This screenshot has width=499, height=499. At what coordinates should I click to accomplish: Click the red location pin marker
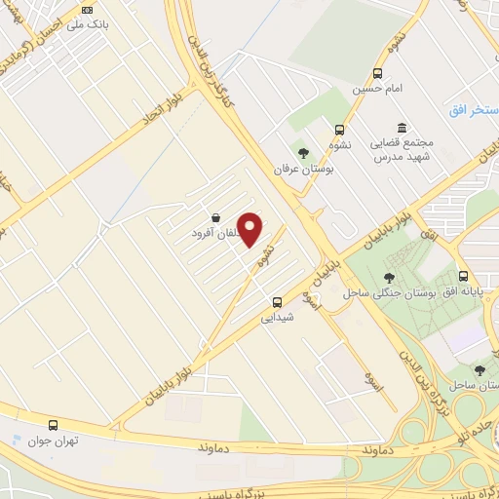pos(250,229)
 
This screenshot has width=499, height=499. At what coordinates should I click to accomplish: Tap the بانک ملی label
pos(85,23)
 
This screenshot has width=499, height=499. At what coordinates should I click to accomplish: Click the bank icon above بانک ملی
pos(86,10)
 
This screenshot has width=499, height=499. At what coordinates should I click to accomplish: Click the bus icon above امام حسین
pos(378,73)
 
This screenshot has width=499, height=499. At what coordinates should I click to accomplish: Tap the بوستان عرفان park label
pos(303,168)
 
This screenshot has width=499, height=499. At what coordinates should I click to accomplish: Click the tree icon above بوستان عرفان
pos(303,152)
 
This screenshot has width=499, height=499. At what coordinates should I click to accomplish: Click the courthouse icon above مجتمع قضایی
pos(402,128)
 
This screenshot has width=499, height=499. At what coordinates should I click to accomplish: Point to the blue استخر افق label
pos(474,109)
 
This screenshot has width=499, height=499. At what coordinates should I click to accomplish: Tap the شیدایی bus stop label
pos(278,316)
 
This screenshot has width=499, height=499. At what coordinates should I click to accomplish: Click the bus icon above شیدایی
pos(278,302)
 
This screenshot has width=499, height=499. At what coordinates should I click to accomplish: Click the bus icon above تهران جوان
pos(53,425)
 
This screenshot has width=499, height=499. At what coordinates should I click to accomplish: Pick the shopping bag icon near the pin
pos(214,217)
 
